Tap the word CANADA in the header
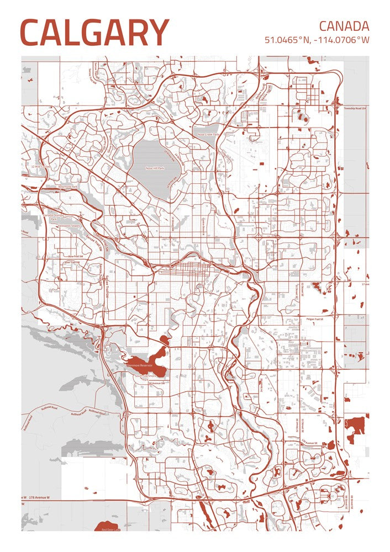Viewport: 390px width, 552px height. (x=344, y=25)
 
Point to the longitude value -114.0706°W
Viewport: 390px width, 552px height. (x=341, y=40)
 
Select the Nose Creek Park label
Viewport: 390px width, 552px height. (x=209, y=134)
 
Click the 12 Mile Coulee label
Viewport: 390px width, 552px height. (x=41, y=166)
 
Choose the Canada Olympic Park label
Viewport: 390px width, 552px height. (x=50, y=217)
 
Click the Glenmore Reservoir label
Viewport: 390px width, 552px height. (x=139, y=365)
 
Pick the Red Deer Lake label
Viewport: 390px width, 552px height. (x=111, y=529)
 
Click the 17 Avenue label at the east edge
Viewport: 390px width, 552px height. (x=364, y=284)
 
